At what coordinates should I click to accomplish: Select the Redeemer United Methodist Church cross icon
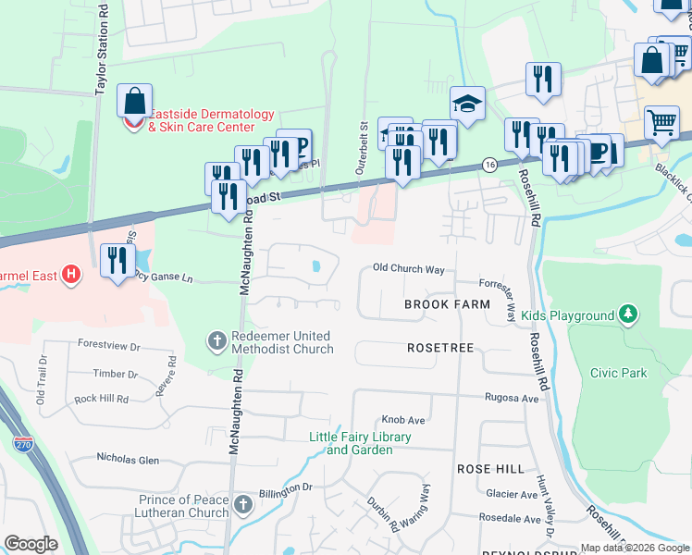coord(216,341)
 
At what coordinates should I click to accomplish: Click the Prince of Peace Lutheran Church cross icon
coord(242,505)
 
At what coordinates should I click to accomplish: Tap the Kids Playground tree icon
coord(628,315)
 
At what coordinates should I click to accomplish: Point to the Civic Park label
coord(618,373)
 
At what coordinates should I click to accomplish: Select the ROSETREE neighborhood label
coord(440,348)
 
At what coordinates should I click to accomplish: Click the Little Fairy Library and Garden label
coord(359,443)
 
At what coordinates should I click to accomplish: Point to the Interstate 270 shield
coord(23,444)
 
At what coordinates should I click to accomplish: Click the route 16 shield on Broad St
coord(489,164)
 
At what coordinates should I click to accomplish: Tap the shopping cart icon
coord(661,121)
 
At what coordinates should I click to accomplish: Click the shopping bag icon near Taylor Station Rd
coord(135,100)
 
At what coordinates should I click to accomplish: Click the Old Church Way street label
coord(409,269)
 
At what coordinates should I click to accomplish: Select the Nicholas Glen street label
coord(129,459)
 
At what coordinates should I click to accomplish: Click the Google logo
coord(31,544)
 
